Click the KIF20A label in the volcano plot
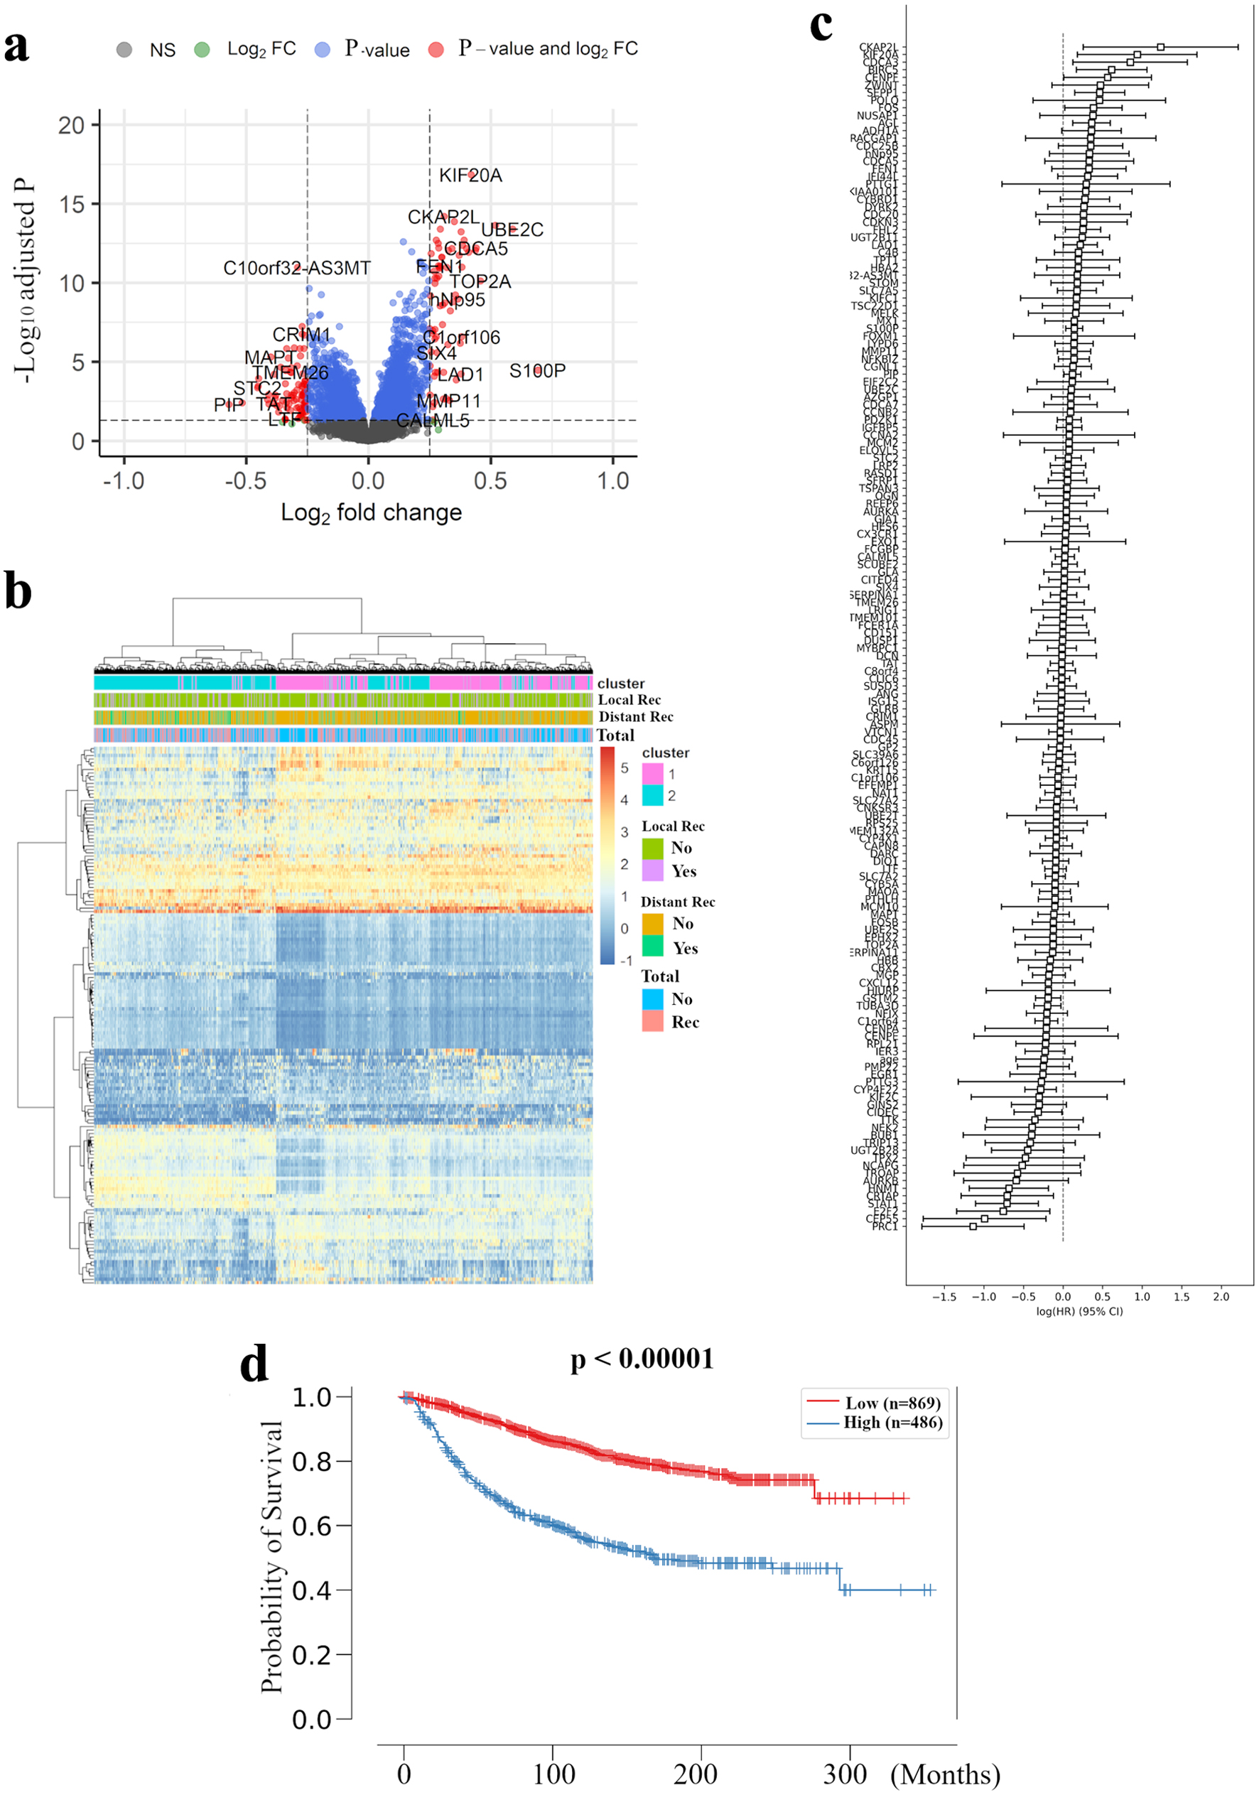coord(470,175)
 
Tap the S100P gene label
coord(537,370)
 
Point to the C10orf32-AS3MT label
coord(297,268)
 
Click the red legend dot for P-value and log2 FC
coord(436,50)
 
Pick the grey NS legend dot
coord(124,50)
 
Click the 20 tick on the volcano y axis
coord(71,125)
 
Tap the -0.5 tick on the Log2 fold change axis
coord(245,481)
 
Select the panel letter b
coord(18,592)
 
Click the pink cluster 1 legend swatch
coord(652,773)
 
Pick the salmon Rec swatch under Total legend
coord(652,1021)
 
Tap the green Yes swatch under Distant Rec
coord(652,946)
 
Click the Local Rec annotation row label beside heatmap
coord(629,700)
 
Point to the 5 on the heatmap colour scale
coord(625,767)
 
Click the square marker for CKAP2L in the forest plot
coord(1160,47)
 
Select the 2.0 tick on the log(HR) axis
coord(1221,1296)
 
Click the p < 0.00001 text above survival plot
coord(642,1359)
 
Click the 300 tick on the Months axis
coord(845,1773)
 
